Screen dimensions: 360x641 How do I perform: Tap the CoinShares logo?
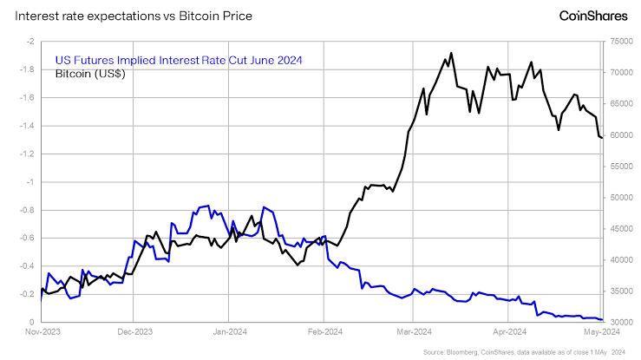click(588, 16)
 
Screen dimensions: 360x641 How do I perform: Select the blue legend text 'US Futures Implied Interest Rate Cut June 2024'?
click(178, 60)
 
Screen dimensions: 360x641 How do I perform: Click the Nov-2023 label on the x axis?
click(42, 331)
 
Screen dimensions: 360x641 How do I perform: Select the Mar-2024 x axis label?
click(415, 331)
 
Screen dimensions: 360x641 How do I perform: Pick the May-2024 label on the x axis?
click(601, 331)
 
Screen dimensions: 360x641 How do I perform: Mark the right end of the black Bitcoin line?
click(603, 138)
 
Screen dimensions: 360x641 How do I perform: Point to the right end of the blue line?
click(603, 320)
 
